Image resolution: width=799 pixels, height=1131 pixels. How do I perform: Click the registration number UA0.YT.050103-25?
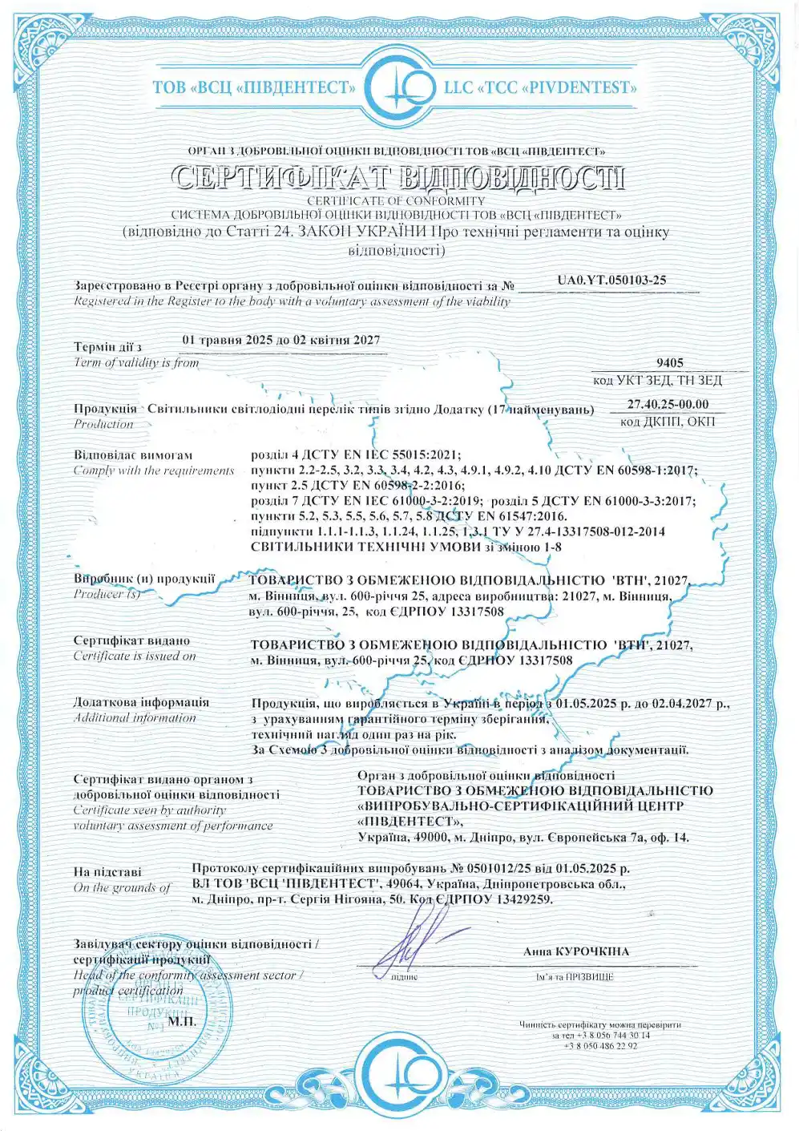(x=611, y=281)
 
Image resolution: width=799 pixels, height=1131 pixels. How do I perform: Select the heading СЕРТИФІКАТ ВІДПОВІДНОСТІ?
(x=399, y=178)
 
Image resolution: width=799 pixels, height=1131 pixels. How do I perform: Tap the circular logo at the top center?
(x=399, y=87)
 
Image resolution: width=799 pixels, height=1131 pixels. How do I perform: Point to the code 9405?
(x=669, y=363)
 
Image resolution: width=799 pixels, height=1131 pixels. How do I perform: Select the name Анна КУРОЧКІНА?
(x=575, y=952)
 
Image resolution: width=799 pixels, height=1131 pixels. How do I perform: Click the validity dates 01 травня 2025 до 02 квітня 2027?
(x=281, y=340)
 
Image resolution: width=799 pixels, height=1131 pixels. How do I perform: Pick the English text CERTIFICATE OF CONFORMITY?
(x=396, y=201)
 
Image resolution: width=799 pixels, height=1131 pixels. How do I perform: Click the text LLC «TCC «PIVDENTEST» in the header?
(x=540, y=87)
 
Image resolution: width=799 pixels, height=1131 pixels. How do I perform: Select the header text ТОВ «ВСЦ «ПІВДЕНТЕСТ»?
(x=254, y=87)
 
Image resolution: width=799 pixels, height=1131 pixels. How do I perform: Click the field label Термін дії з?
(x=107, y=347)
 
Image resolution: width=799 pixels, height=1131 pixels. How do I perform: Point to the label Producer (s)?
(x=107, y=594)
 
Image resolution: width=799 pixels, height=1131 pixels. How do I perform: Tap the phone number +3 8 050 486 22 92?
(x=600, y=1046)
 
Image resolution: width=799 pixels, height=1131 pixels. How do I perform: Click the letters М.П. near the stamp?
(x=182, y=1021)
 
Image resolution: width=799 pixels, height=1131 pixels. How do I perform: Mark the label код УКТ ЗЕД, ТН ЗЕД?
(x=657, y=381)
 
